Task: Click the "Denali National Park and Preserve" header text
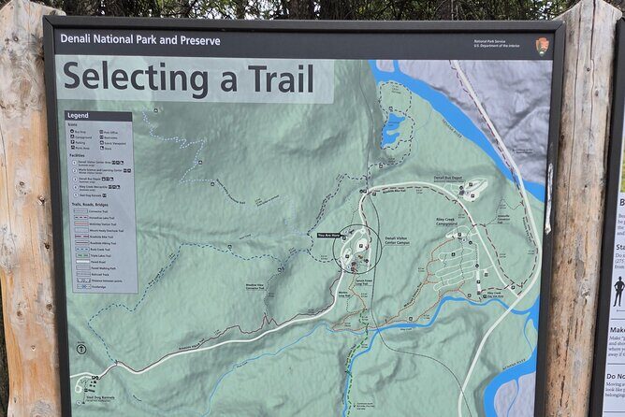[140, 41]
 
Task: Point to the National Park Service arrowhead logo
[542, 44]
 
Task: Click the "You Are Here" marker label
[327, 236]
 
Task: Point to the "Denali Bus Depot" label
[451, 178]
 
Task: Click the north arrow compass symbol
[81, 349]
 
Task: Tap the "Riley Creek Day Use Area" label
[498, 294]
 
